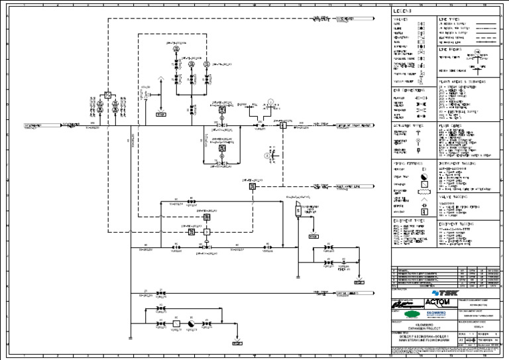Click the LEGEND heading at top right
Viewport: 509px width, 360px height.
coord(402,11)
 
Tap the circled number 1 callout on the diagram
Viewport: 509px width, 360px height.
coord(270,102)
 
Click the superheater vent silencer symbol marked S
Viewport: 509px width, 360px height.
coord(295,210)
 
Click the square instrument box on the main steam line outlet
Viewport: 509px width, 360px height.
coord(283,125)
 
